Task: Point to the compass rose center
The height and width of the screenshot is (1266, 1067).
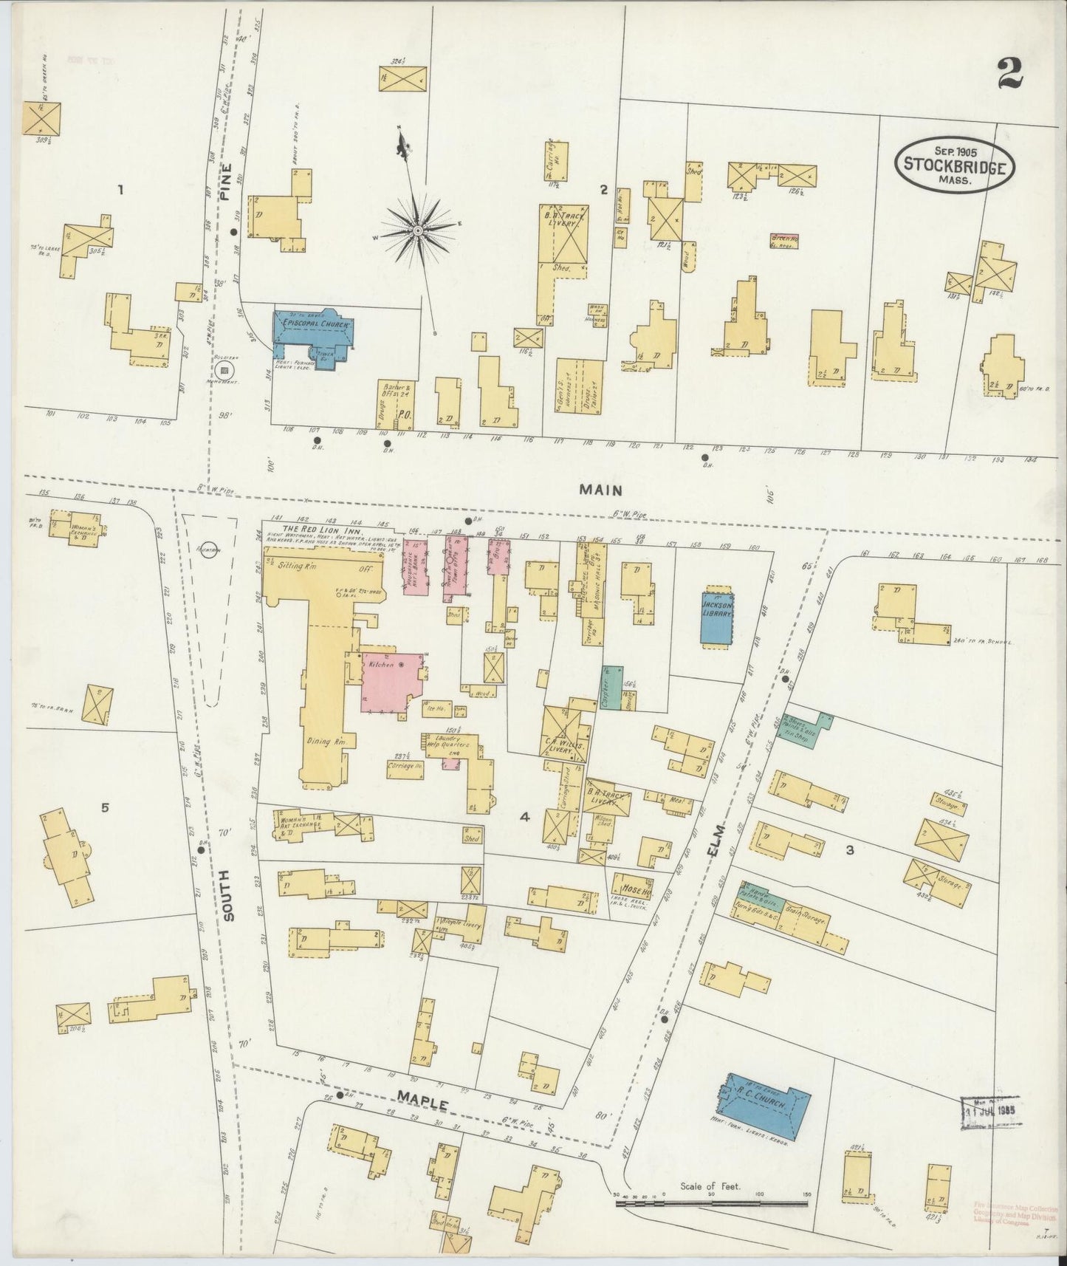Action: coord(417,231)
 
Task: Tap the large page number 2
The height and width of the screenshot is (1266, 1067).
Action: coord(1010,72)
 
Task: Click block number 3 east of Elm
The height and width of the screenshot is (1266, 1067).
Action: coord(850,850)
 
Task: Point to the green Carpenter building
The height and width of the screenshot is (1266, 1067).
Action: coord(608,687)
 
